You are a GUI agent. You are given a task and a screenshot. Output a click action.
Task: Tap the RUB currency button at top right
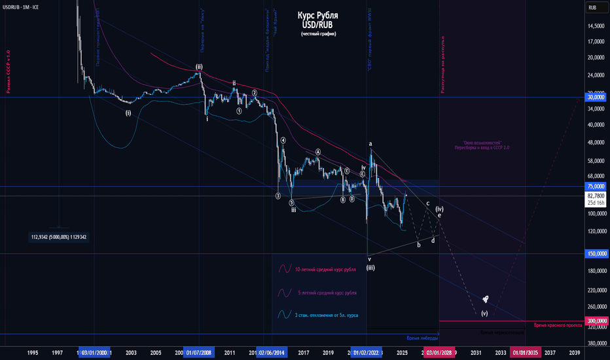[x=592, y=7]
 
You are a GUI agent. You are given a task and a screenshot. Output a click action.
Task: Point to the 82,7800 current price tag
[x=594, y=196]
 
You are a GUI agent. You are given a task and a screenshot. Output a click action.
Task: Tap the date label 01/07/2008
[x=199, y=353]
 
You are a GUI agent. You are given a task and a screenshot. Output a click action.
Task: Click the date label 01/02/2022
[x=366, y=353]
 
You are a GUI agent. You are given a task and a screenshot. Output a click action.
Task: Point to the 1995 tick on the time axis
[x=33, y=353]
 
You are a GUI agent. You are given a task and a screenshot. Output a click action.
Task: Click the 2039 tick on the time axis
[x=574, y=353]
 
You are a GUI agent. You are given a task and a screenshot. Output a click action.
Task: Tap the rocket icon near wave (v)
[x=485, y=299]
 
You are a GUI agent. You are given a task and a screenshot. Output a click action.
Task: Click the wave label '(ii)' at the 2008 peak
[x=198, y=67]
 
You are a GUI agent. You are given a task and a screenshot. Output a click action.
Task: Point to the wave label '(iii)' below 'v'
[x=370, y=267]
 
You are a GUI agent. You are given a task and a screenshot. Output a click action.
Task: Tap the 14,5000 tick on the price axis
[x=594, y=26]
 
